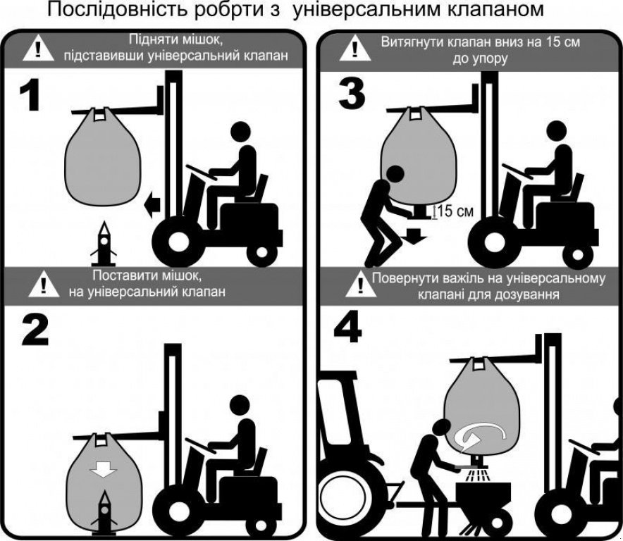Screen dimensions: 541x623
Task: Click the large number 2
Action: tap(34, 329)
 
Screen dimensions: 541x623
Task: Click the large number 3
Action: tap(352, 94)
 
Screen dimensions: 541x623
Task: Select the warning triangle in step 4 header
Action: tap(357, 285)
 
